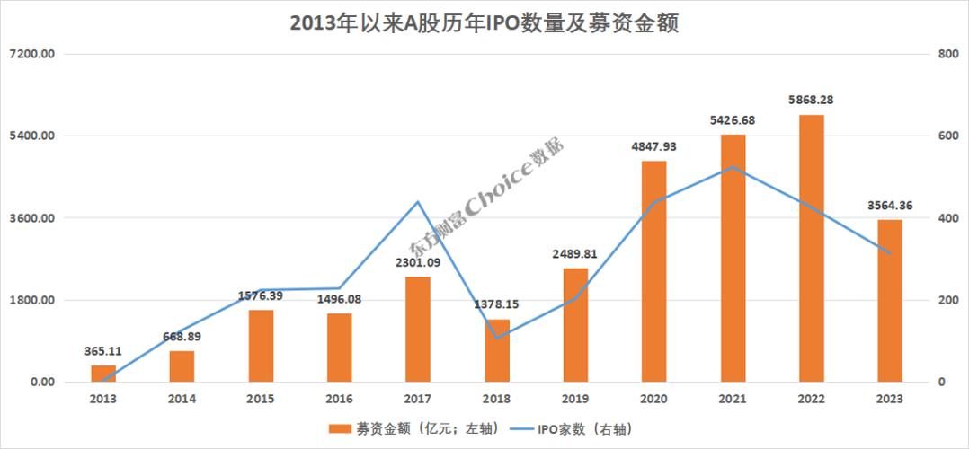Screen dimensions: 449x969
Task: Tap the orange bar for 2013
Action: (103, 374)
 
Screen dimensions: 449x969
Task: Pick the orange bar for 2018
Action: (497, 350)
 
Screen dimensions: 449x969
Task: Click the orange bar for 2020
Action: (654, 271)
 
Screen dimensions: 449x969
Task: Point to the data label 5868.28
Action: (811, 100)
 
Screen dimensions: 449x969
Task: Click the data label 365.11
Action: (103, 350)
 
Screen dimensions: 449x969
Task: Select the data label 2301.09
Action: (418, 262)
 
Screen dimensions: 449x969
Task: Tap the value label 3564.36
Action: (889, 206)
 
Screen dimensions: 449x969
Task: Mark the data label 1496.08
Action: (339, 299)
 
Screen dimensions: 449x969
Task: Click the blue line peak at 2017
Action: (418, 202)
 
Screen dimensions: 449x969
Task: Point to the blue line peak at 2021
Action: (733, 167)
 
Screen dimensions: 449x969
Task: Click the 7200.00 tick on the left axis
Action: (32, 54)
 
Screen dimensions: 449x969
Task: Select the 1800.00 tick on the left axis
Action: (32, 300)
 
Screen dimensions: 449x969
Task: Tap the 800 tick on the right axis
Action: (944, 54)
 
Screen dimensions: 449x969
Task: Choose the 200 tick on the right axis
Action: (944, 300)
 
